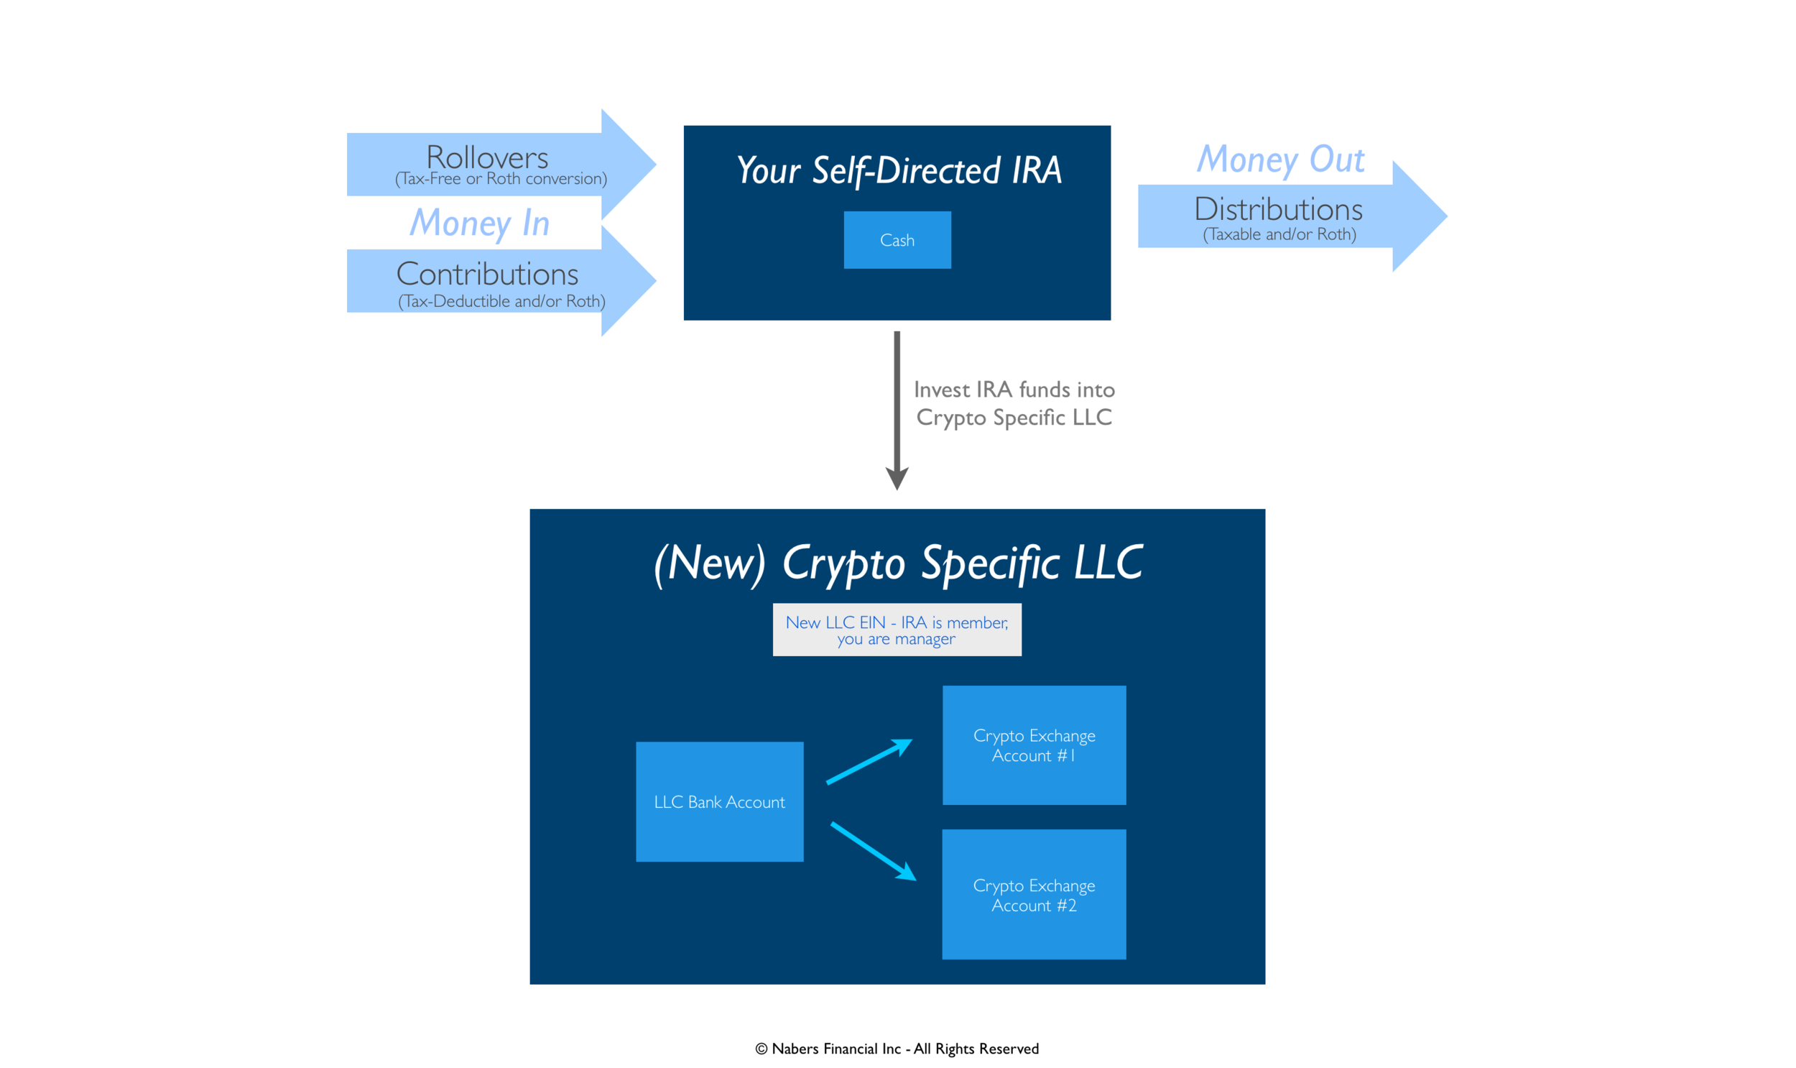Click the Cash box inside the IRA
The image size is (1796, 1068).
[x=897, y=239]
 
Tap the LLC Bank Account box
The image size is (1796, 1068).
[x=719, y=801]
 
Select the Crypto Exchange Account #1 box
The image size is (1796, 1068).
[x=1034, y=745]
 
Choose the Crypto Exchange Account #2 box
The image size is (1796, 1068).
[x=1034, y=894]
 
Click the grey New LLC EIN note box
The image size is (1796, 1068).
[x=897, y=630]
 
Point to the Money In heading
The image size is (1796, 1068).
[x=480, y=223]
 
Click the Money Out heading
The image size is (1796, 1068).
[x=1280, y=160]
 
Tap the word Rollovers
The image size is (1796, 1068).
[x=487, y=157]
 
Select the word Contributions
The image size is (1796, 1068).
[x=487, y=275]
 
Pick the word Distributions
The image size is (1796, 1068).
[x=1278, y=209]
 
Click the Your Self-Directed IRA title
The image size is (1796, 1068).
[x=899, y=171]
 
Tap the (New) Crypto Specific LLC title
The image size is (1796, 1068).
[x=897, y=564]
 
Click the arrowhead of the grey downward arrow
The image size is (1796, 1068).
[x=897, y=479]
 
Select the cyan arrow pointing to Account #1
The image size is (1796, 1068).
[x=869, y=760]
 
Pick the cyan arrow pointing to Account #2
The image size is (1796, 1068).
[x=873, y=852]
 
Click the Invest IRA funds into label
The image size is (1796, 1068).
[x=1014, y=390]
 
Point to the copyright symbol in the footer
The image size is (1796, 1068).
[x=761, y=1049]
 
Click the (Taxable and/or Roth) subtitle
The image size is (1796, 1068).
[x=1279, y=234]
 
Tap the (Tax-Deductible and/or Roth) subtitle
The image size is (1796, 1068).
[x=501, y=302]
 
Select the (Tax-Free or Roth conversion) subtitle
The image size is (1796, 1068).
[x=501, y=179]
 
